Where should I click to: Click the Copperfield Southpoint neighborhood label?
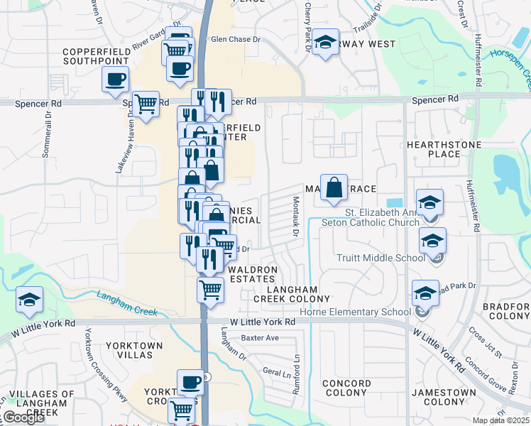pos(95,57)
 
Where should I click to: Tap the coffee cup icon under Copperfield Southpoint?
pos(116,81)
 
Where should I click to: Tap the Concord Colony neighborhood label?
pos(346,388)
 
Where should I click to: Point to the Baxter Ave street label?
pos(260,338)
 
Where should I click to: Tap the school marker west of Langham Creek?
pos(30,300)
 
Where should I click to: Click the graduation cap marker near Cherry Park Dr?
pos(326,43)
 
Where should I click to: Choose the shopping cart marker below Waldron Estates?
pos(210,290)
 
